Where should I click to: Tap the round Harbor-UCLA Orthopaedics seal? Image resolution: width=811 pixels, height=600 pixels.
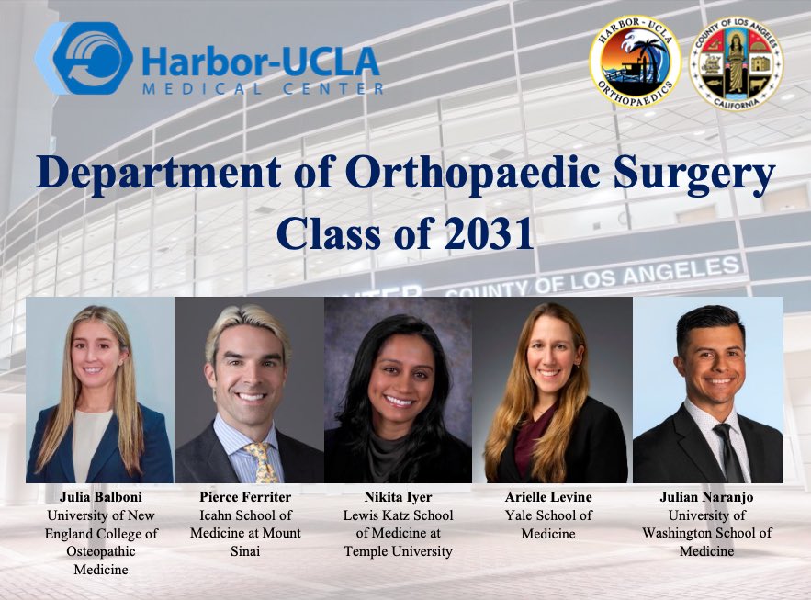pyautogui.click(x=636, y=64)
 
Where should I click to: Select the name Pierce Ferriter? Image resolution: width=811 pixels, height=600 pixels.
pyautogui.click(x=245, y=497)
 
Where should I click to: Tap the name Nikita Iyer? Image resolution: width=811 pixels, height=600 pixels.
pyautogui.click(x=398, y=497)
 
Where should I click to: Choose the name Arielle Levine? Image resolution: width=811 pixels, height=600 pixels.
pyautogui.click(x=548, y=497)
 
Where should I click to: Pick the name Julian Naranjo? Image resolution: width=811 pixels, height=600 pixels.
pyautogui.click(x=707, y=497)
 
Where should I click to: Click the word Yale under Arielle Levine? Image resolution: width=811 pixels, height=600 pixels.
pyautogui.click(x=521, y=515)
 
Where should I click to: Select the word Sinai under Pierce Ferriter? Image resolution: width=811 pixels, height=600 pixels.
pyautogui.click(x=245, y=551)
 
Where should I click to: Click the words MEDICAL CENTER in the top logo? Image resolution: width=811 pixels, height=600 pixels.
pyautogui.click(x=263, y=88)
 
